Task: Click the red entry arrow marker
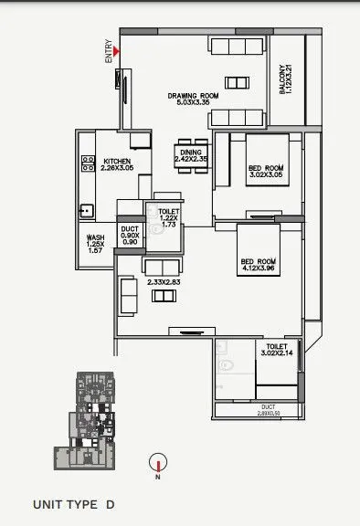tap(115, 63)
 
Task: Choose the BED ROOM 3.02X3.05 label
tap(267, 171)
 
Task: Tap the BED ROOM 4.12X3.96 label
tap(259, 266)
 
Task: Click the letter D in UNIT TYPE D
tap(110, 504)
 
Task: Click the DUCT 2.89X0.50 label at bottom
tap(268, 410)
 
